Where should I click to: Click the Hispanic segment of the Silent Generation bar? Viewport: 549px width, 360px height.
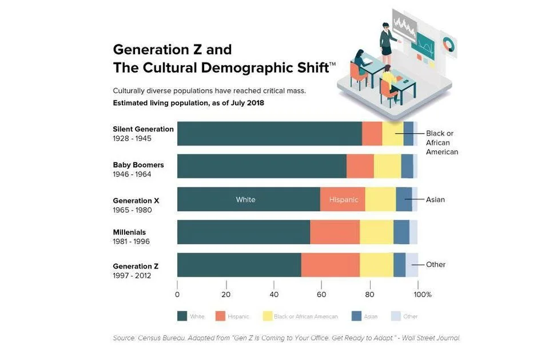(x=372, y=134)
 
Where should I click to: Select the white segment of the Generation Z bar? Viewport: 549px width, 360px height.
(x=239, y=265)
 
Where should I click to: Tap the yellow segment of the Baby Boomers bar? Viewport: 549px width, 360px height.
(x=387, y=166)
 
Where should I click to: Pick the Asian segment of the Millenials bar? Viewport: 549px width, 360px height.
(x=401, y=232)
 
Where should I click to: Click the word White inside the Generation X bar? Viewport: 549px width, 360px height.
(x=245, y=199)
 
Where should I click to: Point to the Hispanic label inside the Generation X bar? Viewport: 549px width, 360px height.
(x=344, y=199)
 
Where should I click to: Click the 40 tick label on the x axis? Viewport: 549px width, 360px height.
(x=274, y=294)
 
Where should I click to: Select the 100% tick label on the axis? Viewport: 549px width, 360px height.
(x=423, y=294)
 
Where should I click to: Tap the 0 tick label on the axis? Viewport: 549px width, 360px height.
(x=177, y=294)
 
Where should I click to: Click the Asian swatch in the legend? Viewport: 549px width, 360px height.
(x=357, y=316)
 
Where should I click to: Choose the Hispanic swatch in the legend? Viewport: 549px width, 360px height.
(x=221, y=316)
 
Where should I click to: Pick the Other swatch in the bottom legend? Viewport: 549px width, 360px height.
(x=395, y=316)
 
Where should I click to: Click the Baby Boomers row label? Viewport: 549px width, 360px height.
(x=138, y=165)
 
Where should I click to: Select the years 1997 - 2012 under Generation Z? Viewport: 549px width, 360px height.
(x=132, y=276)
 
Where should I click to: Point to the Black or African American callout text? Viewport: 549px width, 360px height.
(x=441, y=142)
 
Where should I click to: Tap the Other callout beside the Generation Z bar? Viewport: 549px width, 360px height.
(x=436, y=265)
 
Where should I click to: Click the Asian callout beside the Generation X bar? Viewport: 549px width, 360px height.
(x=435, y=199)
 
